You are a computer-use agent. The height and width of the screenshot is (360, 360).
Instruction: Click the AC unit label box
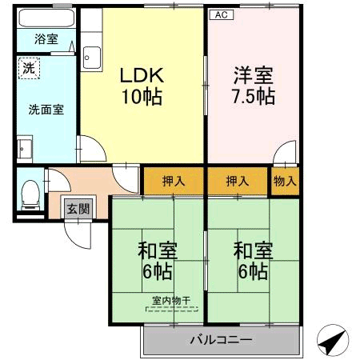pyautogui.click(x=222, y=14)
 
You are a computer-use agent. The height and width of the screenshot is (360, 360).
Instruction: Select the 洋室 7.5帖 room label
pyautogui.click(x=254, y=86)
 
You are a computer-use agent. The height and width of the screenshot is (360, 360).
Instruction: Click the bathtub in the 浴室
pyautogui.click(x=46, y=18)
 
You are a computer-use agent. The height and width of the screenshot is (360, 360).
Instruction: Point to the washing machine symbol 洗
pyautogui.click(x=29, y=68)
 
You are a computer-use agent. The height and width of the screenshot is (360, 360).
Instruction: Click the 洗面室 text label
pyautogui.click(x=46, y=110)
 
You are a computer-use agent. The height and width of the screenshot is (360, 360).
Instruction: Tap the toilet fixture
pyautogui.click(x=30, y=195)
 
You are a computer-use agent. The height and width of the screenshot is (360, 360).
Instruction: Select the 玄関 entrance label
pyautogui.click(x=78, y=209)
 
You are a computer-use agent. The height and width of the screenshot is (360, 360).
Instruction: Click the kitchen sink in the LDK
pyautogui.click(x=91, y=58)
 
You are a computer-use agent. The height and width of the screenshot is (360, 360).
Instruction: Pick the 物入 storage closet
pyautogui.click(x=285, y=182)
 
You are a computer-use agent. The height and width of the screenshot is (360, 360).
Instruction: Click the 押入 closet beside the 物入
pyautogui.click(x=238, y=182)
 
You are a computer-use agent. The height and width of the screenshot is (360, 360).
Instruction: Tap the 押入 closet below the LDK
pyautogui.click(x=174, y=182)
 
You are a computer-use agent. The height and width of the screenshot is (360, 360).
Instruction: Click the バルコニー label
pyautogui.click(x=221, y=340)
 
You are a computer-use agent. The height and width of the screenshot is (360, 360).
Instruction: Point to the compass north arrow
pyautogui.click(x=333, y=340)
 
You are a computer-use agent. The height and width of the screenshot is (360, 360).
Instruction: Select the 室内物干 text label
pyautogui.click(x=171, y=301)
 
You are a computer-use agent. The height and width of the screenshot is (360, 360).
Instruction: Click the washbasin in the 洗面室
pyautogui.click(x=25, y=149)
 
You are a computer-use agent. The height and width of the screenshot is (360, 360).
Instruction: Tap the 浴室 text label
pyautogui.click(x=46, y=39)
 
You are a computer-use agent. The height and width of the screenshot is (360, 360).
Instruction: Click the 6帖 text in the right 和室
pyautogui.click(x=253, y=271)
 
